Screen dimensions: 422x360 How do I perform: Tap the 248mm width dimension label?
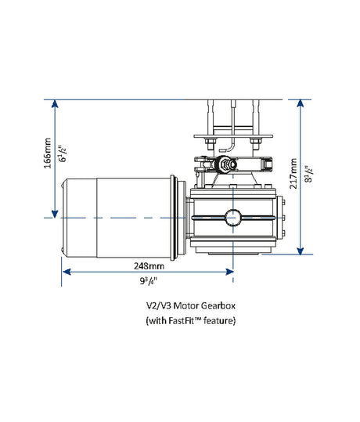[x=148, y=265]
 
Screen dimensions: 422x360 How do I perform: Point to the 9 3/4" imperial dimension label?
[x=148, y=280]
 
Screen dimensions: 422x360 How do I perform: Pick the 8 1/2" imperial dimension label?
[x=307, y=173]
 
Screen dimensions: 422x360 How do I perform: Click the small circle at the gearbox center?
[x=233, y=217]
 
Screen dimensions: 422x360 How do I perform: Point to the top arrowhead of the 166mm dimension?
[x=53, y=105]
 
